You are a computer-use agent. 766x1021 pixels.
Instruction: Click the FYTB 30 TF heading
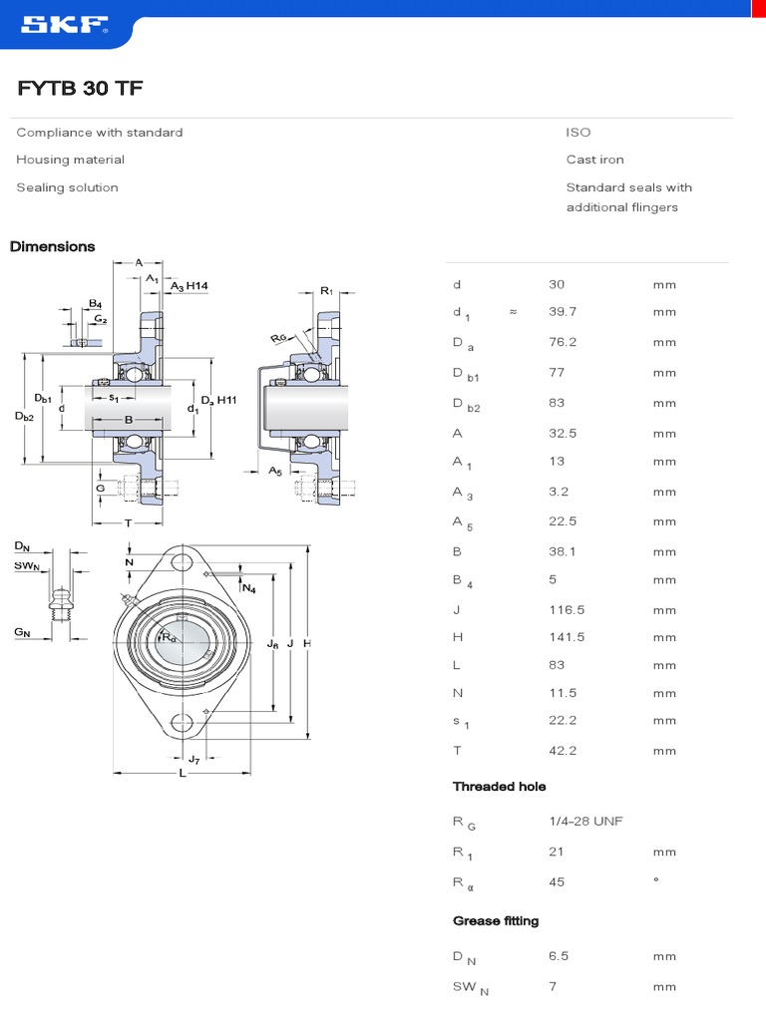point(80,89)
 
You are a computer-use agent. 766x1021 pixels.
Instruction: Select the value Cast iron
point(594,160)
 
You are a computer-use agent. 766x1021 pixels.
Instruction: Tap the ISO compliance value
point(578,133)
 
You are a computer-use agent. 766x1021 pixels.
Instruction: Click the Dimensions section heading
point(53,246)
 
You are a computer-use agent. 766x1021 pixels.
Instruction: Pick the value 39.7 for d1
point(564,312)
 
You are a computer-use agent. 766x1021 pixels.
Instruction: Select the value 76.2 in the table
point(564,342)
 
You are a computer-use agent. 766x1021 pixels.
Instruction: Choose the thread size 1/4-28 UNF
point(585,821)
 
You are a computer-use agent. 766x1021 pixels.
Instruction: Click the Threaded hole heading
point(499,787)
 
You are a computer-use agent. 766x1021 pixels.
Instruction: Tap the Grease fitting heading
point(496,920)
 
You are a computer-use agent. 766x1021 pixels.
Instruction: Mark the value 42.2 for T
point(564,751)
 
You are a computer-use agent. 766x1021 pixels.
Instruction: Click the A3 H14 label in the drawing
point(189,286)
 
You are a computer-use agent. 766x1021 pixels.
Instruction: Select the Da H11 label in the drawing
point(218,401)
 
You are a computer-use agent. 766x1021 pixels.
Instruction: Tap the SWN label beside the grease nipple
point(26,566)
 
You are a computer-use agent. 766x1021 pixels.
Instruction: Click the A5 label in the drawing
point(274,470)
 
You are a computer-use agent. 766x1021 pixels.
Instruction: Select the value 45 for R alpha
point(557,881)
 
